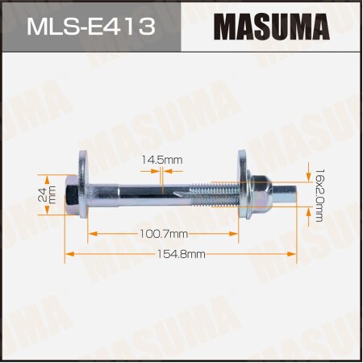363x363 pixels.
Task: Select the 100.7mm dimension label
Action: click(165, 233)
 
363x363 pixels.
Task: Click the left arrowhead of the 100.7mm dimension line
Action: click(92, 233)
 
